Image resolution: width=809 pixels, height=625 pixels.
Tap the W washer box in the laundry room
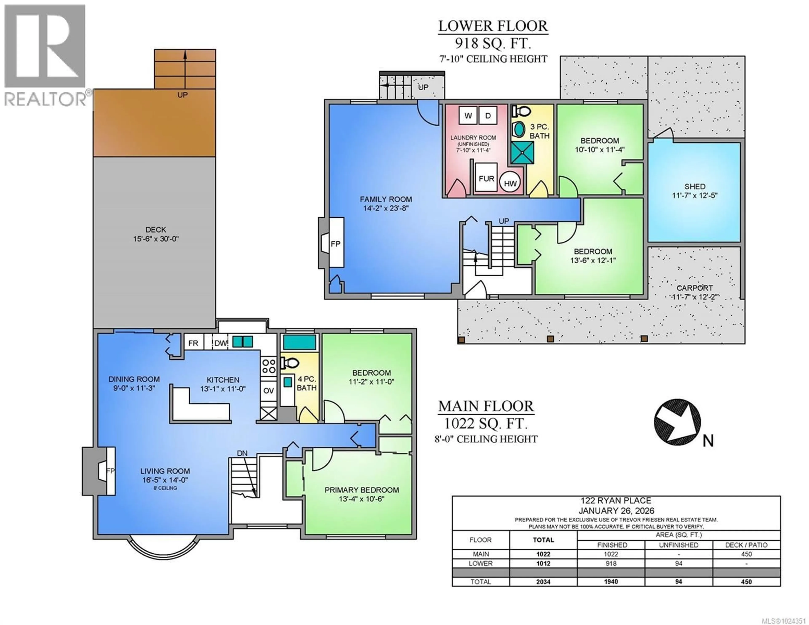click(468, 116)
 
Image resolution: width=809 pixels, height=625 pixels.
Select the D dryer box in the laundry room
click(488, 116)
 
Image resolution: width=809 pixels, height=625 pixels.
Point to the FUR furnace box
click(486, 179)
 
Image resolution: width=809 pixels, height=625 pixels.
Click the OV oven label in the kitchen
click(268, 391)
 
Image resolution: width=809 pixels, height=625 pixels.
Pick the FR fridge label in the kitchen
click(193, 343)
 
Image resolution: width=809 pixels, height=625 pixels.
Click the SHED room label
click(695, 186)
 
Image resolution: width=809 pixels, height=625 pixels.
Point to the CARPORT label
click(695, 288)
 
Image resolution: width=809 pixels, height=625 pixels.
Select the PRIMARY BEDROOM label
click(362, 490)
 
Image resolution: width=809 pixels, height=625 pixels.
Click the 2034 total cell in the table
click(543, 582)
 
